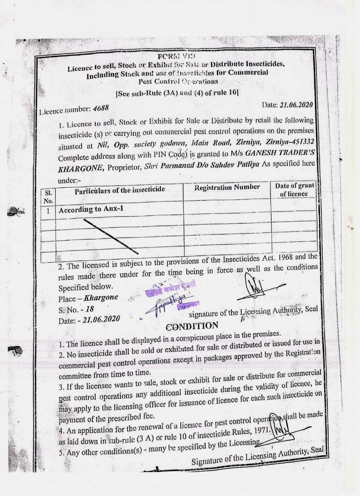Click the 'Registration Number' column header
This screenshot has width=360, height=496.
click(227, 187)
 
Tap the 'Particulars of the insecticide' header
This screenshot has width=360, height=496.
click(120, 190)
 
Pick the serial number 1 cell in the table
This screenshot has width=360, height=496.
click(49, 211)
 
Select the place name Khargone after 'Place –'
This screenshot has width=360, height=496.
click(101, 298)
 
